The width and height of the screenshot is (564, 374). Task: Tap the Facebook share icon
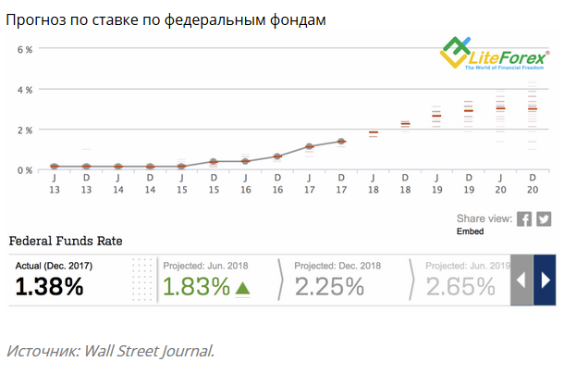pos(524,219)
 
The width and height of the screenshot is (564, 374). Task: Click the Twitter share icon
pos(544,219)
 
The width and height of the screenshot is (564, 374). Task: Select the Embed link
pos(470,231)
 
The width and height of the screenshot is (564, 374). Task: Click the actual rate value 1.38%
pos(50,286)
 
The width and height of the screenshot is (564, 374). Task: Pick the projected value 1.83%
pos(196,286)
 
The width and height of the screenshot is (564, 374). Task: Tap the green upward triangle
pos(242,287)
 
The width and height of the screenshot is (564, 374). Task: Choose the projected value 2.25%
pos(329,286)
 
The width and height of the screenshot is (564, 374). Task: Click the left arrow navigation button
pos(521,280)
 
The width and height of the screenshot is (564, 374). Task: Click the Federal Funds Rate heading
pos(66,241)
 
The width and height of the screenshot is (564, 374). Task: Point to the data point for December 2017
pos(341,142)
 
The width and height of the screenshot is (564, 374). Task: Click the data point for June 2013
pos(55,167)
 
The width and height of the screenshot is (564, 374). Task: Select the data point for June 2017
pos(310,146)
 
